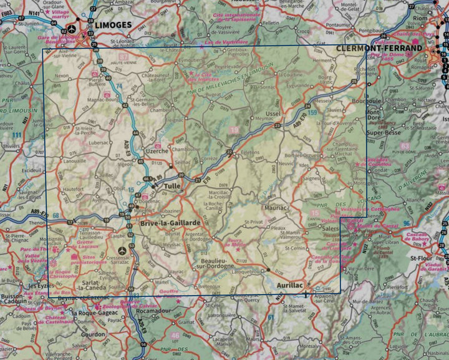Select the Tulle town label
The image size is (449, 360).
point(171,186)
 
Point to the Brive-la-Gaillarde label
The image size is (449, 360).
point(170,223)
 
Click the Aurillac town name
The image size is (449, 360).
point(289,285)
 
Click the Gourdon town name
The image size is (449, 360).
point(94,334)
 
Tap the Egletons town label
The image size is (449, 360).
point(249,152)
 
